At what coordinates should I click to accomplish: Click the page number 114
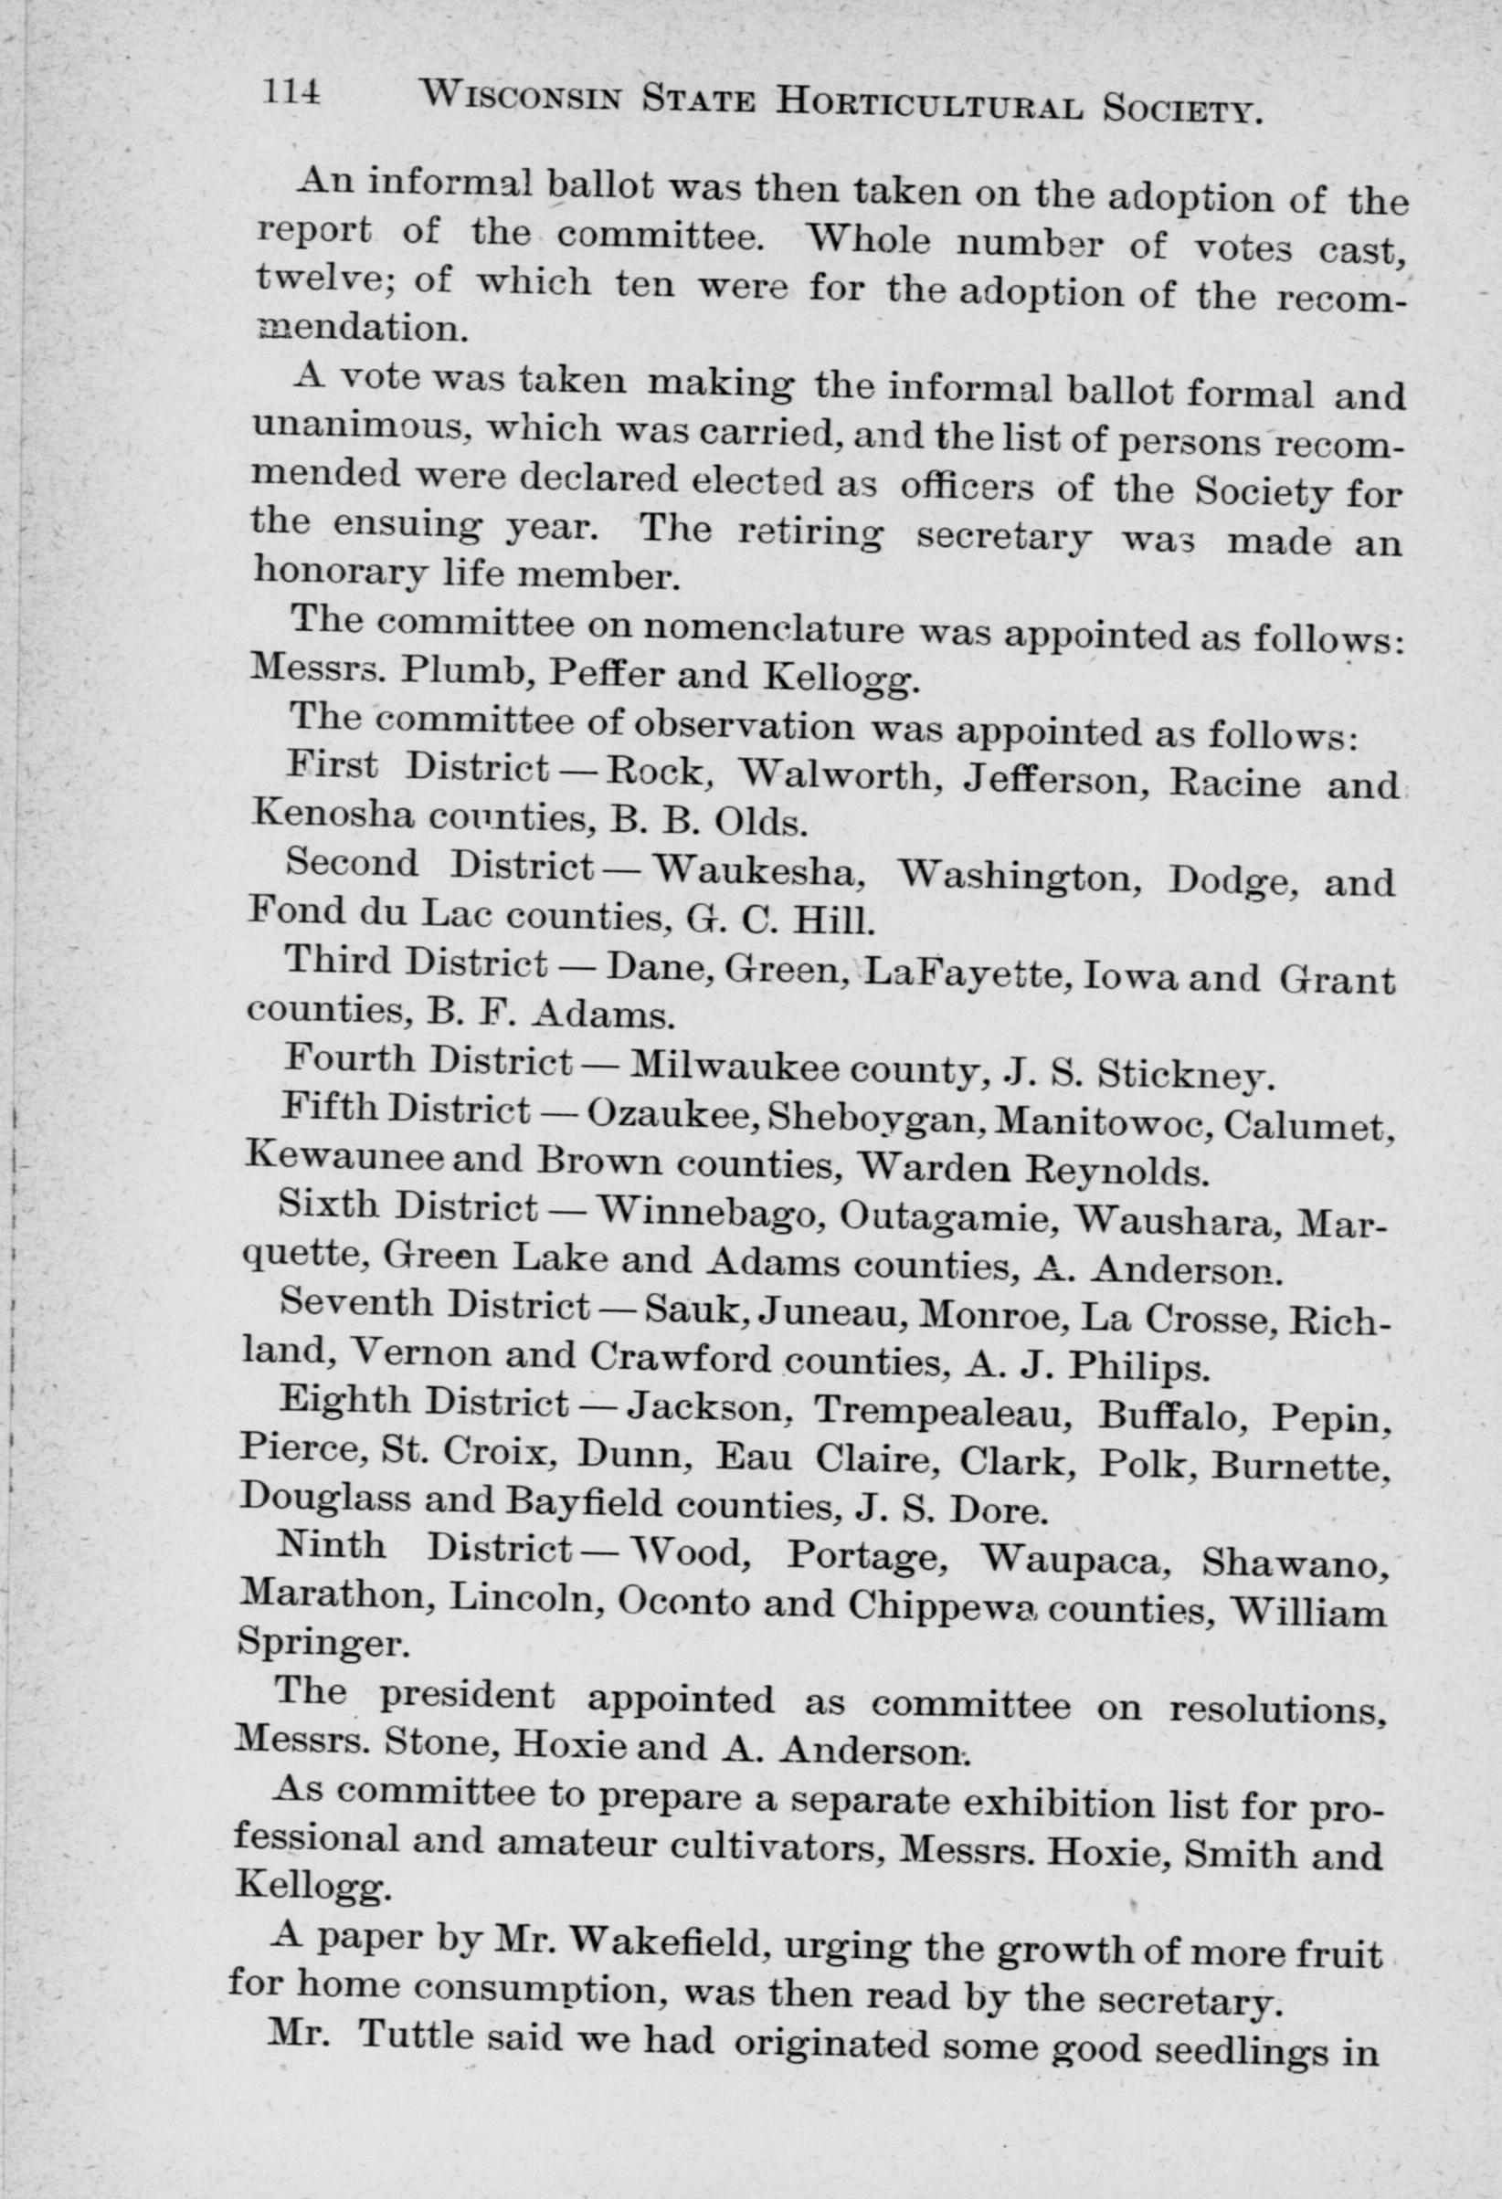(291, 93)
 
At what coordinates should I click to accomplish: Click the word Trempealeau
(940, 1414)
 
